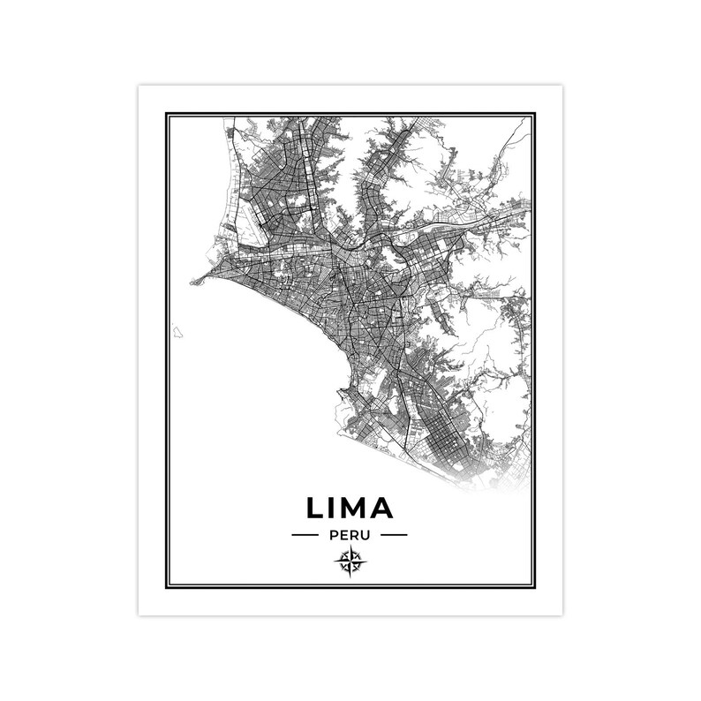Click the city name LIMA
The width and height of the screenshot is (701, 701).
[x=350, y=508]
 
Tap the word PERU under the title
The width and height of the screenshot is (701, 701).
[x=350, y=535]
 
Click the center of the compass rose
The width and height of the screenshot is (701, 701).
[x=350, y=561]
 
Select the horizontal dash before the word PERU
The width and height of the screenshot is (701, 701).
[x=305, y=535]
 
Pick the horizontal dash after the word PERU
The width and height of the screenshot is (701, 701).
[x=394, y=535]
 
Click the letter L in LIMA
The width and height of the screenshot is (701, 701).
[x=316, y=508]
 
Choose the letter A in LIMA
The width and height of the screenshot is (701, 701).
[x=382, y=508]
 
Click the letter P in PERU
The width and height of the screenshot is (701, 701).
[x=332, y=535]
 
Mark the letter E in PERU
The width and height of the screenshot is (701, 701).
[x=343, y=535]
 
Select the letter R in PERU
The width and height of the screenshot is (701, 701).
[x=355, y=535]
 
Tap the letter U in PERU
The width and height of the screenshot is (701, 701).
[x=367, y=535]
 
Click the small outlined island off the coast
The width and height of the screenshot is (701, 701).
[x=177, y=333]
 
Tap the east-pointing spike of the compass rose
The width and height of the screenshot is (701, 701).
[x=365, y=561]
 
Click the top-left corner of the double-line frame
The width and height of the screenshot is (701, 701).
[x=166, y=113]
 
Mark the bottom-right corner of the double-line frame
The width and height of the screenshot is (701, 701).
[x=534, y=587]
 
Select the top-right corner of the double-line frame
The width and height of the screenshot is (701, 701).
[x=534, y=113]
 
